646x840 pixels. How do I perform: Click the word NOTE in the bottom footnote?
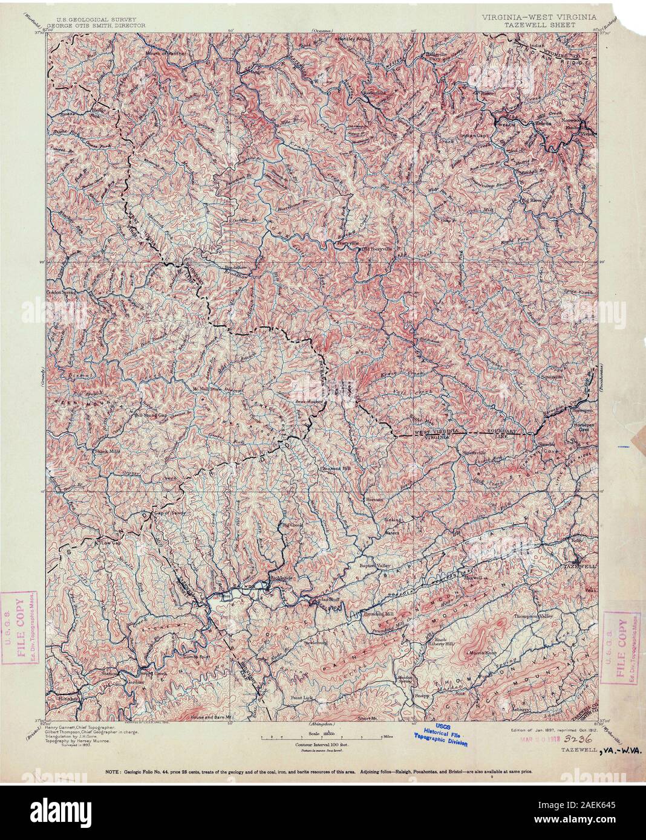click(x=113, y=772)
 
